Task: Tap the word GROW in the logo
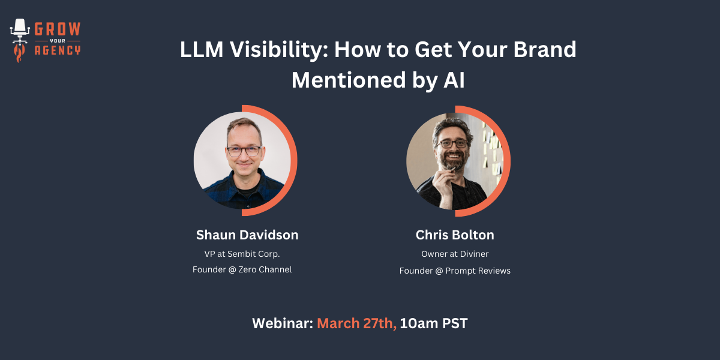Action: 58,29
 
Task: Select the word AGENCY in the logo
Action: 58,50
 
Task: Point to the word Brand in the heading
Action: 545,49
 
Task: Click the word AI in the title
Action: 454,80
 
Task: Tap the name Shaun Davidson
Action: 247,235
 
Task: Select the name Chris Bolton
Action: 455,235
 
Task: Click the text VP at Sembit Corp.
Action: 242,254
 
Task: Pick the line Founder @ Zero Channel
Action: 242,269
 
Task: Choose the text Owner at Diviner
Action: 455,254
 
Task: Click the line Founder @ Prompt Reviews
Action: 455,271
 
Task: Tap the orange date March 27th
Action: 356,323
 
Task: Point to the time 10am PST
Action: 434,323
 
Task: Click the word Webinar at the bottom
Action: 283,323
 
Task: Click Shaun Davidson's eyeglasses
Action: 244,151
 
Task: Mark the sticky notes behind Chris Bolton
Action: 492,151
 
